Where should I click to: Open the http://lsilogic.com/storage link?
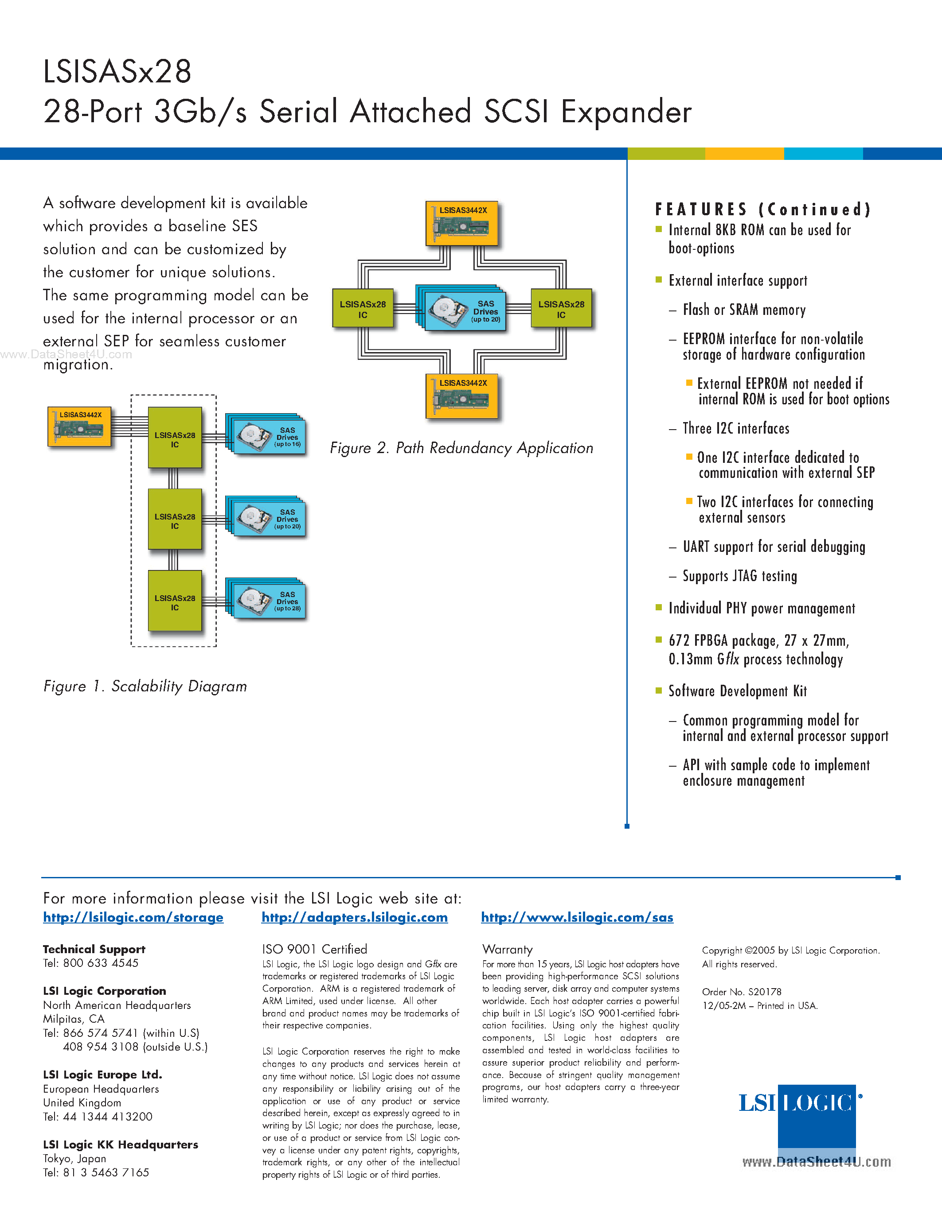coord(133,917)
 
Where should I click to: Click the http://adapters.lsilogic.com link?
coord(354,917)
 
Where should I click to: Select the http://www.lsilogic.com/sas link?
coord(577,917)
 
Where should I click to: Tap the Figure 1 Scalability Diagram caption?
coord(145,687)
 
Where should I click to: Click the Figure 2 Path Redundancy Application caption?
coord(461,448)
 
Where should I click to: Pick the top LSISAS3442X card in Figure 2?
coord(461,224)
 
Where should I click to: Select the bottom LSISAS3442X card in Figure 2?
coord(461,396)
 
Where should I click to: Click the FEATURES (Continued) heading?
coord(762,209)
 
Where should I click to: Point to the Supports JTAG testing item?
coord(739,576)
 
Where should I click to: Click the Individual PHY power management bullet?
coord(761,609)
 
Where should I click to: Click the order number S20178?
coord(765,992)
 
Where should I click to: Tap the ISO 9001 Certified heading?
coord(315,949)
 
